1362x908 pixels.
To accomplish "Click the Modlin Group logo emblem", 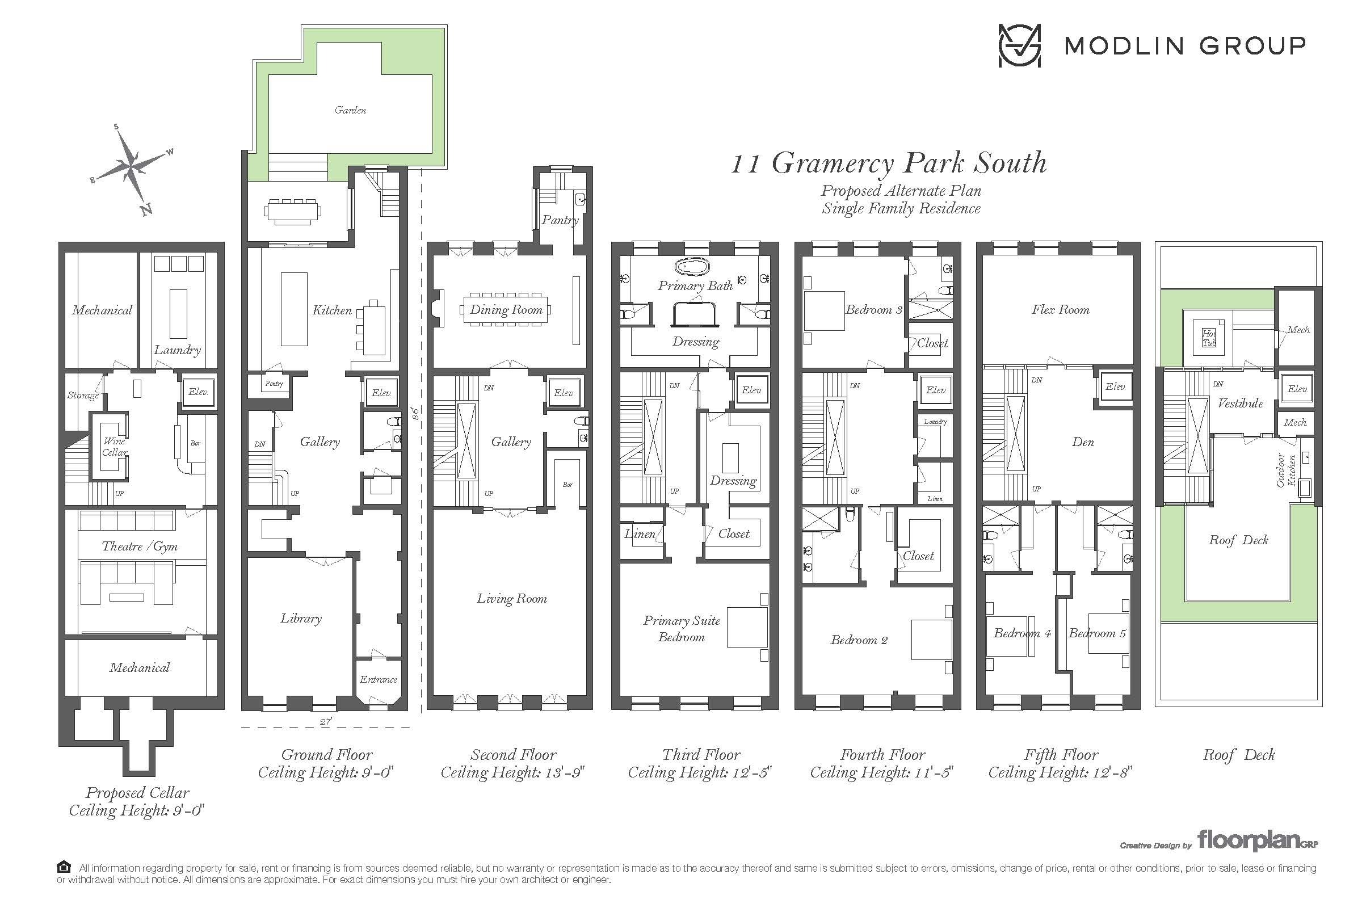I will (1019, 45).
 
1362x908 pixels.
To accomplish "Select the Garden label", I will (350, 110).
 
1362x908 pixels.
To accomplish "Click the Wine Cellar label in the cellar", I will (115, 447).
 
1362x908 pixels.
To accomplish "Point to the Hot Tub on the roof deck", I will (1209, 338).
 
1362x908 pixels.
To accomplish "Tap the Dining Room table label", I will (506, 310).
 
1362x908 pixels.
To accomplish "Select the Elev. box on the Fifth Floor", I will (1115, 387).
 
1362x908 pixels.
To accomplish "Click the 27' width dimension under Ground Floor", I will (326, 721).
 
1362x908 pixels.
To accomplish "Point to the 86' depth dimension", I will (415, 414).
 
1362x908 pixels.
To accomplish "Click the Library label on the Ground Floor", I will (301, 619).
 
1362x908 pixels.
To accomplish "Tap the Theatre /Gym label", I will (140, 546).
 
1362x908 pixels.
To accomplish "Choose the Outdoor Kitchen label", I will (1286, 470).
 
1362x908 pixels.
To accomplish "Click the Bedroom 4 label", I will (1022, 633).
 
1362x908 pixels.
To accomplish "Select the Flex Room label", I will (1060, 310).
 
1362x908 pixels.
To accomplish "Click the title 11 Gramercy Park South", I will (889, 163).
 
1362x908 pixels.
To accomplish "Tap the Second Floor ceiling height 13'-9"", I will (513, 772).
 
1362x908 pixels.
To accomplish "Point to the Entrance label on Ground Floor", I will (378, 679).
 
